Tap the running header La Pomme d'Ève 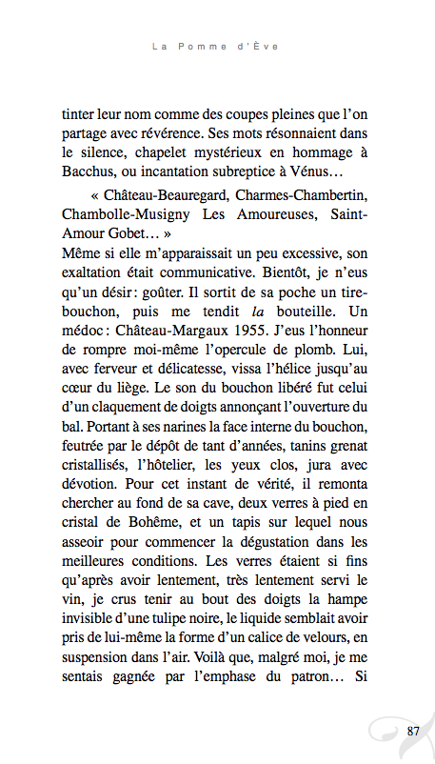click(x=217, y=45)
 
